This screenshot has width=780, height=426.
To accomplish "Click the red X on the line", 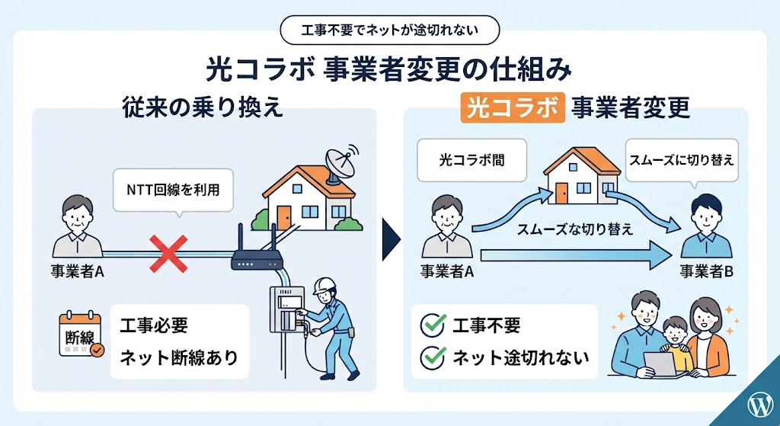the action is pos(168,254).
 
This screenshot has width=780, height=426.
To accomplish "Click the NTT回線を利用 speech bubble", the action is pos(173,191).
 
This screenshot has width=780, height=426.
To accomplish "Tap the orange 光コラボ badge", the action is pos(513,107).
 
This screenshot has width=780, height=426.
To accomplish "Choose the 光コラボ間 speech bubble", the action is pos(472,160).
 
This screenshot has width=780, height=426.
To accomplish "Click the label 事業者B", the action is pos(706,272).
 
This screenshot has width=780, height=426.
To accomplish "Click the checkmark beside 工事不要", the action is pos(433,325).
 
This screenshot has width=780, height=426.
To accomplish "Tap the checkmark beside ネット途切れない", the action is pos(433,357).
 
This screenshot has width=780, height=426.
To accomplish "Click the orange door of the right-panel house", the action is pos(561,193).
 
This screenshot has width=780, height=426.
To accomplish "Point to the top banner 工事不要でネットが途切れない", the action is pos(390,30).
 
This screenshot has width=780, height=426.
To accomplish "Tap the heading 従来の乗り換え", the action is pos(203,107).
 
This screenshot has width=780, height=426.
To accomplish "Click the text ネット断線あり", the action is pos(179,357).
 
